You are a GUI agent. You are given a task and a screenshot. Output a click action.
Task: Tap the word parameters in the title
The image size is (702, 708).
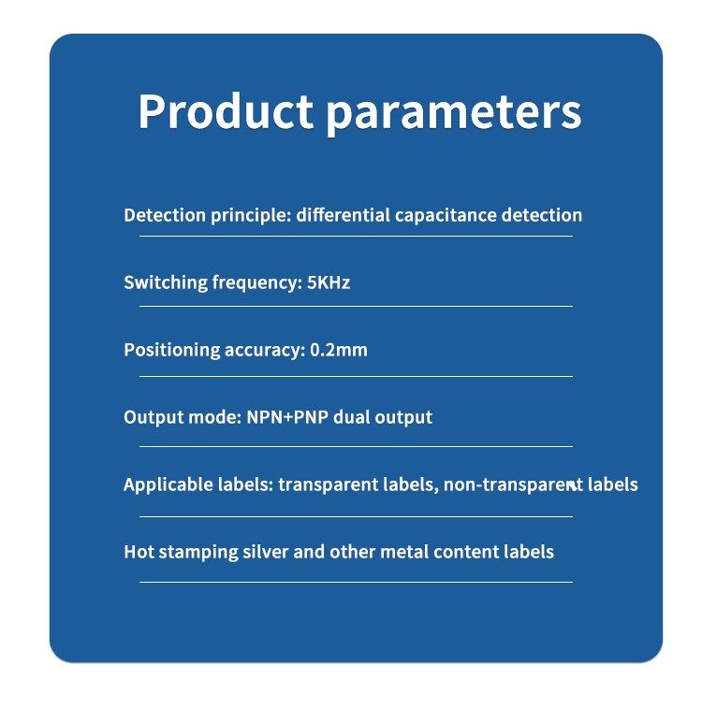tap(454, 115)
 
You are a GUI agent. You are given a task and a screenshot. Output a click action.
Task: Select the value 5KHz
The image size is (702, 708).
tap(329, 282)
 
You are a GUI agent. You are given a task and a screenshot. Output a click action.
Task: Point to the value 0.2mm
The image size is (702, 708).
tap(339, 350)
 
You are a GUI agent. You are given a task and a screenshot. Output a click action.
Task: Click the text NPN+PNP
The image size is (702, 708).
tap(287, 417)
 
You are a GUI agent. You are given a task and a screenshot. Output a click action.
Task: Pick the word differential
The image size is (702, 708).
tap(344, 215)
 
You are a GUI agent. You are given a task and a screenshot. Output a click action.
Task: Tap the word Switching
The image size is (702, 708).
tap(166, 283)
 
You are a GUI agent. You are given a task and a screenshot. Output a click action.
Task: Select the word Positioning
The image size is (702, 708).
tap(171, 351)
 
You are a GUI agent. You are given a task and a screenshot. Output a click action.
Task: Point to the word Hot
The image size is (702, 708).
tap(139, 552)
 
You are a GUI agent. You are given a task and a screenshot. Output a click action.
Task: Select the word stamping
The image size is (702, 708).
tap(198, 553)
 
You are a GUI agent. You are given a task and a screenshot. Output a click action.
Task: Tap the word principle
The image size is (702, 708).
tap(251, 216)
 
